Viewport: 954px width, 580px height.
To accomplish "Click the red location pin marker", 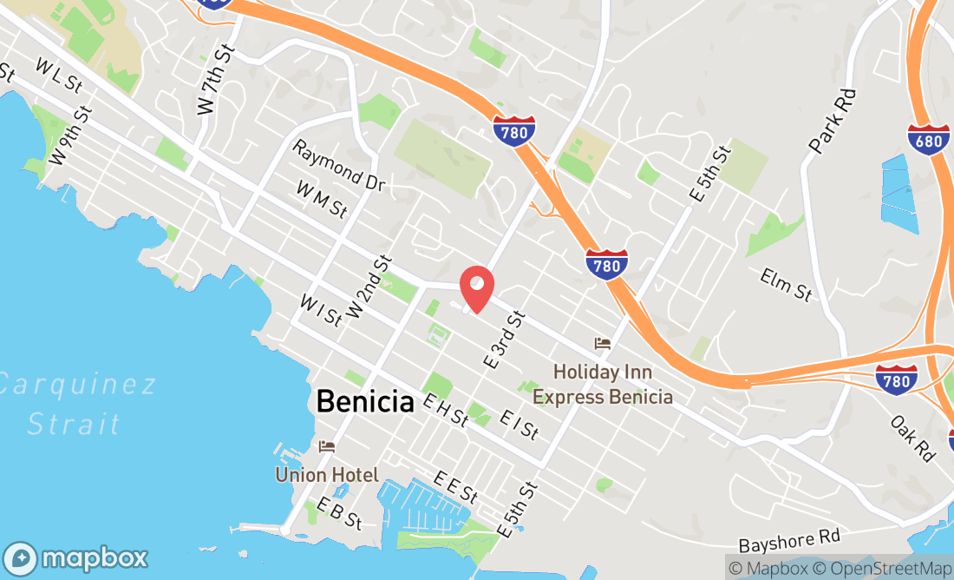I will [476, 287].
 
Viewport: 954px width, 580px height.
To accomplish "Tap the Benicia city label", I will [364, 401].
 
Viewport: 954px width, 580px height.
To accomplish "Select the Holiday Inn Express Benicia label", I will [603, 384].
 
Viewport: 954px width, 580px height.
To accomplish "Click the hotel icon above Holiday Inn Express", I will [602, 344].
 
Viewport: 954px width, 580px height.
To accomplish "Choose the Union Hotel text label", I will [327, 475].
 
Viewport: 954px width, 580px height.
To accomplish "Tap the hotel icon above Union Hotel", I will [327, 447].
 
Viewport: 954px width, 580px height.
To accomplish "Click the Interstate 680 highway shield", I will [928, 140].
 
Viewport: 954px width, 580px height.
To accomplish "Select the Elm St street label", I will [786, 285].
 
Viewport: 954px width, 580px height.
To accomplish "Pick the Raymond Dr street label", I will [337, 166].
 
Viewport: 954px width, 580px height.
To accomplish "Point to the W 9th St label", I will [70, 136].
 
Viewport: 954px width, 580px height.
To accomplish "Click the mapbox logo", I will [75, 557].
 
